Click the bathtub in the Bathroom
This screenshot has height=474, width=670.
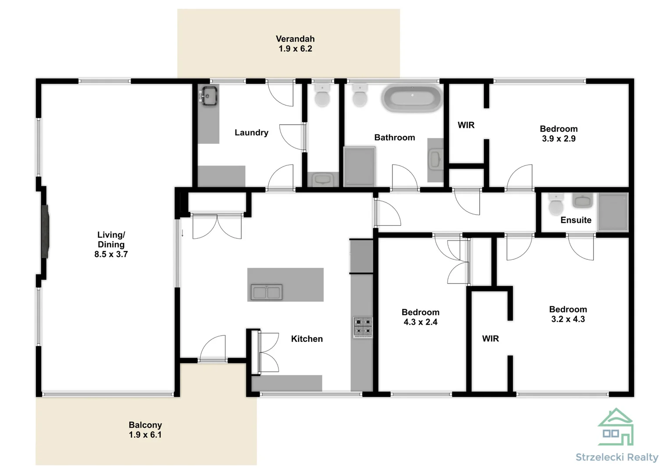click(x=412, y=99)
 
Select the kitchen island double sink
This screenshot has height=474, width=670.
click(x=266, y=292)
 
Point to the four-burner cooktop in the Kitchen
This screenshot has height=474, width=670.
click(x=363, y=327)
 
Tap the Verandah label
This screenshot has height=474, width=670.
click(x=295, y=39)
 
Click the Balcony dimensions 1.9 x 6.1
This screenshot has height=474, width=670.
click(x=145, y=435)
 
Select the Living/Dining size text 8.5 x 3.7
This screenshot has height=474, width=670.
click(x=111, y=254)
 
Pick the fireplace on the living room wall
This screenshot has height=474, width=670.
click(x=45, y=231)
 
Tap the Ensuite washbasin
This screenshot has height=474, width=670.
click(x=582, y=201)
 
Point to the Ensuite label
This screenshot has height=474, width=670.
click(x=576, y=220)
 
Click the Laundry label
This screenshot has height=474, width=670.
click(x=251, y=133)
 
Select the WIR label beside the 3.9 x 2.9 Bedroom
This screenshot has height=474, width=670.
click(x=466, y=125)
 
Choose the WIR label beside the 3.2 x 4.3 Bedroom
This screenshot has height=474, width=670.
click(x=490, y=338)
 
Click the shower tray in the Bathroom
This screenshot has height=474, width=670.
click(x=359, y=166)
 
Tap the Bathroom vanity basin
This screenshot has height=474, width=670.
click(x=435, y=159)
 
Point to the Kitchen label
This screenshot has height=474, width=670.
click(x=307, y=339)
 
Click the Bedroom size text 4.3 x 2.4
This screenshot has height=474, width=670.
click(x=421, y=322)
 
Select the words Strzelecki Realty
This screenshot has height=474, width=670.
click(x=617, y=457)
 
